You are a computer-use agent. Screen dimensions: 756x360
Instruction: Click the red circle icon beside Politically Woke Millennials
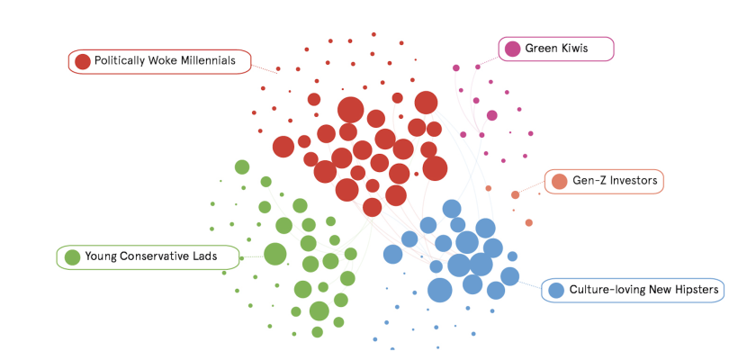[x=83, y=61]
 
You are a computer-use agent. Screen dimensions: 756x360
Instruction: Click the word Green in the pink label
[x=541, y=49]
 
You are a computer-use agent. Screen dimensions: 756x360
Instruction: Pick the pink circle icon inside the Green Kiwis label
[x=512, y=49]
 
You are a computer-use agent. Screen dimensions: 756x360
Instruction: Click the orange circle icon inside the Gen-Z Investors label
[x=559, y=181]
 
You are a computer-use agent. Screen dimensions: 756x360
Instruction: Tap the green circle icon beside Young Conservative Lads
[x=72, y=256]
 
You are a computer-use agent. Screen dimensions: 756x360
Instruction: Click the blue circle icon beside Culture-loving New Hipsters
[x=556, y=290]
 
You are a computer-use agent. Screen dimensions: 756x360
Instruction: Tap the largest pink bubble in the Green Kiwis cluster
[x=491, y=115]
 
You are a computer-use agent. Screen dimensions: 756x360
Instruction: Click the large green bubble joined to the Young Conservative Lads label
[x=275, y=254]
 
